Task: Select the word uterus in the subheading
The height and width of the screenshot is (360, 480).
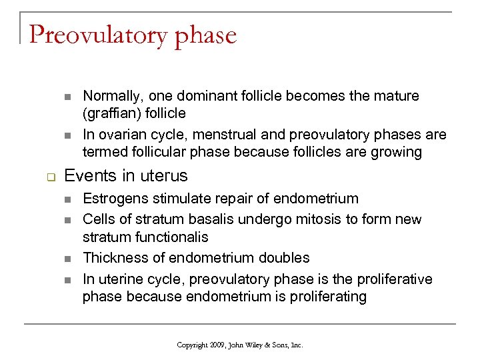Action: (x=165, y=176)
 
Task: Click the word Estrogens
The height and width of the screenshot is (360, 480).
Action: (x=114, y=199)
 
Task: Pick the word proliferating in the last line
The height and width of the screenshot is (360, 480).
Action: (x=329, y=297)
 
